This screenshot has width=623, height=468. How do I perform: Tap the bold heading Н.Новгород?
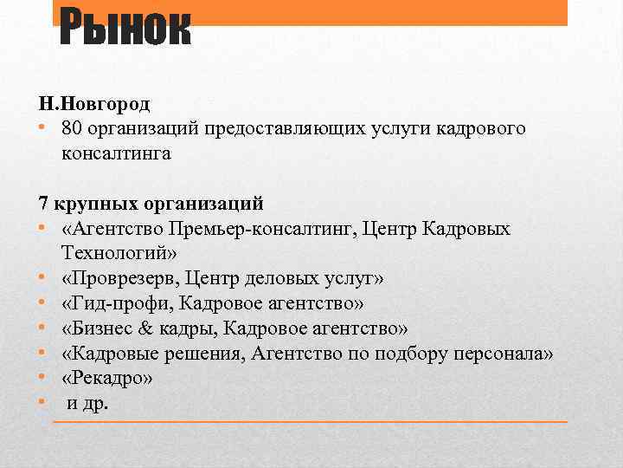pos(94,104)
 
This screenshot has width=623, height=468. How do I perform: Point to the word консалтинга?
pos(117,154)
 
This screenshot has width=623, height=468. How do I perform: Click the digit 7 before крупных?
pos(44,205)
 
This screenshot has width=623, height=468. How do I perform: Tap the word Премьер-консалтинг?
pos(279,230)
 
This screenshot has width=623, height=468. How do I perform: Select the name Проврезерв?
pos(117,279)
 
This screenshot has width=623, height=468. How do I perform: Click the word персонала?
pos(503,354)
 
